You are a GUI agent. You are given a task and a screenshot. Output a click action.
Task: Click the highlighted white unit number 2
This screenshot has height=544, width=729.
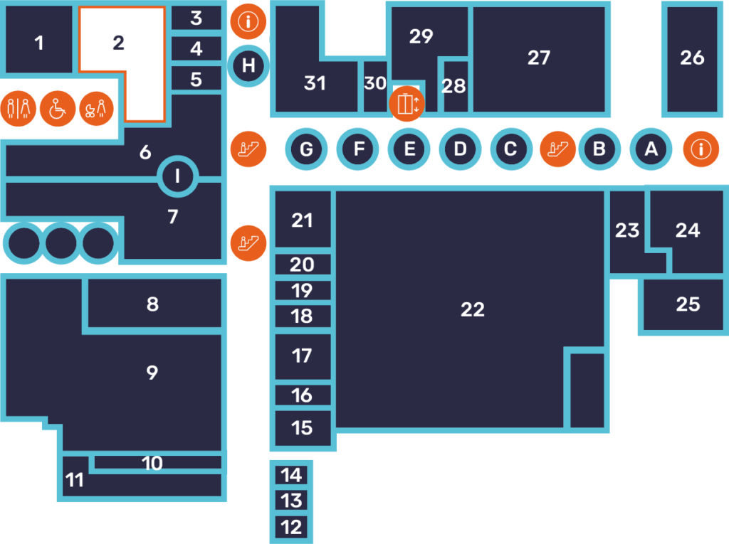(x=118, y=43)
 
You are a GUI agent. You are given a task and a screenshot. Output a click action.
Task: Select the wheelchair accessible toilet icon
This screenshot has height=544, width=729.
(x=58, y=109)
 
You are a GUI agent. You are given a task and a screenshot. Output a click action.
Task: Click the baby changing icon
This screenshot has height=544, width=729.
(x=96, y=109)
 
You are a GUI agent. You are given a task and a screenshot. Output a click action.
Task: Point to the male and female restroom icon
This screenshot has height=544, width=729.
(x=19, y=109)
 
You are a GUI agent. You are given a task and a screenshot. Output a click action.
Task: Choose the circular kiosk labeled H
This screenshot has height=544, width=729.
(x=248, y=66)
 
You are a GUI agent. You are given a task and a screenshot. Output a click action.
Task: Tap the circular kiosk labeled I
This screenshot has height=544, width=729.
(x=177, y=176)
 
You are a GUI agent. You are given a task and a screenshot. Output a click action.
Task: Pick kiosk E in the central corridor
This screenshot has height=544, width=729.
(x=409, y=149)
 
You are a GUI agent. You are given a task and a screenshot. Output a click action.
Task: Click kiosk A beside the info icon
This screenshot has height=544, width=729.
(x=649, y=149)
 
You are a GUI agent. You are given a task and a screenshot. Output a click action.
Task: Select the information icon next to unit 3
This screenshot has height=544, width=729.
(x=248, y=21)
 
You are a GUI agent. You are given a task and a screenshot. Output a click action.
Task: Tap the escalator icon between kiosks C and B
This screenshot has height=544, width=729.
(x=557, y=149)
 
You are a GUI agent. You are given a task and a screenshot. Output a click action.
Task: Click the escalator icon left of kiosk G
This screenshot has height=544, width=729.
(x=248, y=149)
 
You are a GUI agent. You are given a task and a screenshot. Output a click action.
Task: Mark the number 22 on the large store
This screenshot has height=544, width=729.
(x=473, y=310)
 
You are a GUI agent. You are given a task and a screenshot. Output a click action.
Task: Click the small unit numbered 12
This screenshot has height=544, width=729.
(x=291, y=527)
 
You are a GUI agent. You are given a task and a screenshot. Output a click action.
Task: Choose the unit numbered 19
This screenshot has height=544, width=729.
(x=303, y=290)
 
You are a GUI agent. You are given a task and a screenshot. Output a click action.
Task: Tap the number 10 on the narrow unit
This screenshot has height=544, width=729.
(x=152, y=464)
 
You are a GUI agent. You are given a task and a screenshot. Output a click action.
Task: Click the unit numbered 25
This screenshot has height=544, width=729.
(x=688, y=304)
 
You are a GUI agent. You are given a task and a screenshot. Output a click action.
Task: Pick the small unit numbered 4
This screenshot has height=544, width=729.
(x=196, y=49)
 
